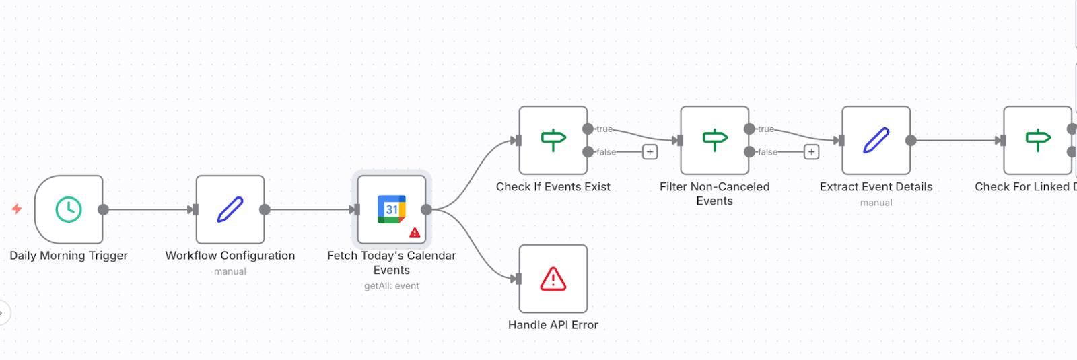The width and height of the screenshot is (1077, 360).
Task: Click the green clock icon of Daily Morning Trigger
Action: pyautogui.click(x=69, y=209)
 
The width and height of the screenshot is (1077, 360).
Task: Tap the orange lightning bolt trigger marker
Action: pyautogui.click(x=17, y=209)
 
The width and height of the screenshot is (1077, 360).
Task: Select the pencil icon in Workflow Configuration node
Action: pyautogui.click(x=230, y=209)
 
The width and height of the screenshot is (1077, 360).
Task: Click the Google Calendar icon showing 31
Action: pyautogui.click(x=391, y=209)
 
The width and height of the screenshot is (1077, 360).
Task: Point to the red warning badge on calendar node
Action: pyautogui.click(x=415, y=233)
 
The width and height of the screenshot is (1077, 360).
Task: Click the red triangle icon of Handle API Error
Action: pyautogui.click(x=553, y=279)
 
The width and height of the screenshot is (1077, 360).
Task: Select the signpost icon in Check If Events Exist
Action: pyautogui.click(x=553, y=140)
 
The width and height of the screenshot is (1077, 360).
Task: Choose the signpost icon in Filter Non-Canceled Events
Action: pyautogui.click(x=715, y=140)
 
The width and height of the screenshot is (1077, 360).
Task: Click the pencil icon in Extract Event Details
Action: pyautogui.click(x=876, y=140)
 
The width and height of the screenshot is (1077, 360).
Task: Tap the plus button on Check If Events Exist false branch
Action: pyautogui.click(x=650, y=152)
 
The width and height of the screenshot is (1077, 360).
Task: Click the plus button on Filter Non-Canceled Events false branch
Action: pyautogui.click(x=811, y=152)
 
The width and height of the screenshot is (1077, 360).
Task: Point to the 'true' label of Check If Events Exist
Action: pyautogui.click(x=604, y=129)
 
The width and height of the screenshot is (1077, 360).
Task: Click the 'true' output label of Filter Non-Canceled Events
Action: pyautogui.click(x=766, y=129)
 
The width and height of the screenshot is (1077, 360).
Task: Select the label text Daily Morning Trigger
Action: pyautogui.click(x=69, y=256)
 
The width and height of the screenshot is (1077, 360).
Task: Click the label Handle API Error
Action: pyautogui.click(x=553, y=325)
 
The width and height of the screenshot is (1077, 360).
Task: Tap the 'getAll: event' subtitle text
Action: pyautogui.click(x=392, y=286)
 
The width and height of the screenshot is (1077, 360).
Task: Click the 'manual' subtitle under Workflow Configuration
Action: pyautogui.click(x=230, y=272)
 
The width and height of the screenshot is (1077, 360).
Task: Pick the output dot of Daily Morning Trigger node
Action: pyautogui.click(x=103, y=209)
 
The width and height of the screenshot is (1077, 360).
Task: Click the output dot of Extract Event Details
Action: pyautogui.click(x=911, y=140)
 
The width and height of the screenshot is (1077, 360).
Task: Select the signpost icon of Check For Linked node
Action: pyautogui.click(x=1038, y=140)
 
